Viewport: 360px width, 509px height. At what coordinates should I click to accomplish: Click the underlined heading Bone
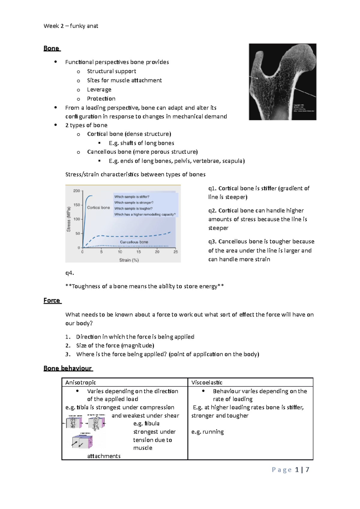51,49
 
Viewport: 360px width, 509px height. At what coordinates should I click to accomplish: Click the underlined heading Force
52,301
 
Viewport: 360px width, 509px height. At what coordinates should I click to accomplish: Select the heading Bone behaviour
68,368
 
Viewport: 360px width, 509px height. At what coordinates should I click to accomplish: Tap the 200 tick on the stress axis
77,191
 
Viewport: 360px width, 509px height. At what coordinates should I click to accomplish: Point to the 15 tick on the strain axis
139,252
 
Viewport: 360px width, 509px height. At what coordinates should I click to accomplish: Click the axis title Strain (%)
129,260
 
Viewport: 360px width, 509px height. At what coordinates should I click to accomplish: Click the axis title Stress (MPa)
69,219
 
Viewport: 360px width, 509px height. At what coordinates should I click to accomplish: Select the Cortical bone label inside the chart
98,207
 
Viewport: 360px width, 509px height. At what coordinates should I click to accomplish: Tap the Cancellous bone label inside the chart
134,242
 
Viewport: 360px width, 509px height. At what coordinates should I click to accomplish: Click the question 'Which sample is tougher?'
133,209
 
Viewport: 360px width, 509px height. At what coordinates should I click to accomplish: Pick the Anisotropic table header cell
81,382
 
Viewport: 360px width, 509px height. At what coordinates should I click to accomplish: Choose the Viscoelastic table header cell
207,382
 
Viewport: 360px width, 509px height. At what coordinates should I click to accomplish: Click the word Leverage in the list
99,90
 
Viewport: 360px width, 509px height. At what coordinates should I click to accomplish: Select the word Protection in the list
101,99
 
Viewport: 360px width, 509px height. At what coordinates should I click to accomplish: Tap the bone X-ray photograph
282,82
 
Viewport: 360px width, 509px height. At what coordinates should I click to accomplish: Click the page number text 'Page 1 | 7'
290,470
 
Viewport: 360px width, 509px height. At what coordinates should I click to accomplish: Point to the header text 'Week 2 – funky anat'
71,26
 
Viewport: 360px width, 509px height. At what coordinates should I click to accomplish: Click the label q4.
69,273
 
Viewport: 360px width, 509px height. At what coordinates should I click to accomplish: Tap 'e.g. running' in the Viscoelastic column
208,432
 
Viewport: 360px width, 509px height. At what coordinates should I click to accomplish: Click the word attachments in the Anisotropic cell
104,456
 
